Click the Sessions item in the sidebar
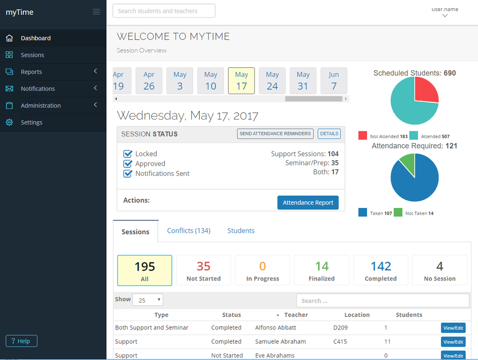(33, 55)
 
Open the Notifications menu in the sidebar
(38, 88)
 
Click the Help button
(22, 341)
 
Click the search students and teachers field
(163, 11)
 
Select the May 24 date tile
(272, 80)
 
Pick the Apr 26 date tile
(149, 80)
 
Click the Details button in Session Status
(329, 134)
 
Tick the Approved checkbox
(128, 164)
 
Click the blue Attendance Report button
(308, 202)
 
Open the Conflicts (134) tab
(188, 230)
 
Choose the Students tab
(241, 230)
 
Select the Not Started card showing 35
(204, 270)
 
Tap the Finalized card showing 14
(322, 270)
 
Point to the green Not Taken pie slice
(408, 163)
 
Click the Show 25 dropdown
(147, 300)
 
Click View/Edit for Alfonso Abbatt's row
(453, 327)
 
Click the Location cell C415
(340, 342)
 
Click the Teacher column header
(296, 315)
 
